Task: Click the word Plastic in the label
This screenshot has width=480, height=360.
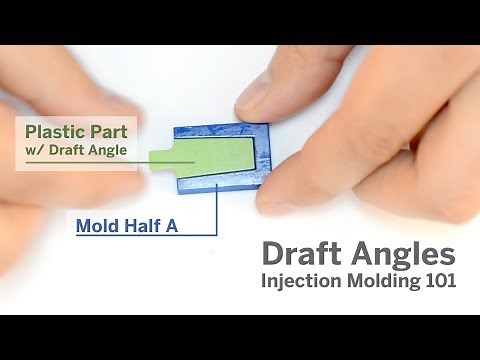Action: click(x=53, y=131)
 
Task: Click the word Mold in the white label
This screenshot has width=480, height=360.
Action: click(x=97, y=225)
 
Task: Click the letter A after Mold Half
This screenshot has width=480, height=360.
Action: click(x=171, y=225)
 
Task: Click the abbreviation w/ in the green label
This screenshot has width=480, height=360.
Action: click(x=35, y=150)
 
